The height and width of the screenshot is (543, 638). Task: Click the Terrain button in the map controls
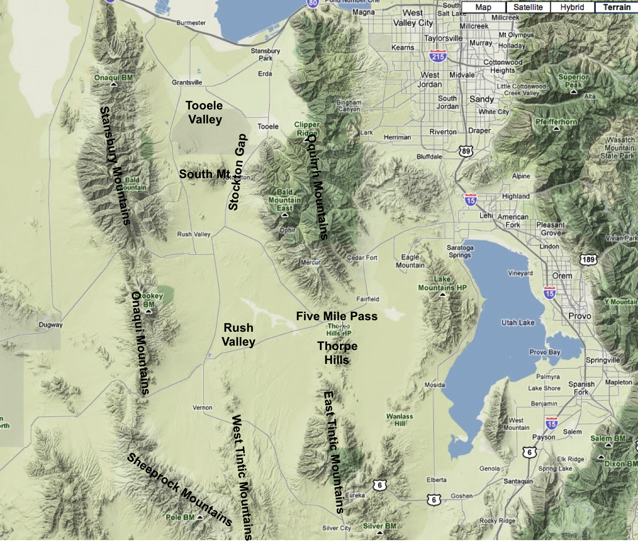pyautogui.click(x=616, y=7)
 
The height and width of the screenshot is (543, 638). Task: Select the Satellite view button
pyautogui.click(x=528, y=7)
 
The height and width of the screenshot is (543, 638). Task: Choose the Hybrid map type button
pyautogui.click(x=572, y=7)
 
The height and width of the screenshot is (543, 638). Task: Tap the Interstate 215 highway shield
pyautogui.click(x=437, y=56)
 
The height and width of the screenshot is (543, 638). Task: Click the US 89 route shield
pyautogui.click(x=465, y=151)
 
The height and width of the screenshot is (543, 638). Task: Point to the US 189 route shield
pyautogui.click(x=588, y=260)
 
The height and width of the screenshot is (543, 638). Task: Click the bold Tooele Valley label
pyautogui.click(x=204, y=112)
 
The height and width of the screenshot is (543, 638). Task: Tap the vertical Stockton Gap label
pyautogui.click(x=237, y=172)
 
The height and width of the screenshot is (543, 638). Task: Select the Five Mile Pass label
pyautogui.click(x=337, y=316)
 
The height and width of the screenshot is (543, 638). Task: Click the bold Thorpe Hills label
pyautogui.click(x=337, y=353)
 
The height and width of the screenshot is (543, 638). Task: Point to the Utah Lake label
pyautogui.click(x=518, y=323)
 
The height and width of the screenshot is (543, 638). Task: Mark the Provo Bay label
pyautogui.click(x=544, y=352)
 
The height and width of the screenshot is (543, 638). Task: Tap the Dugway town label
pyautogui.click(x=50, y=325)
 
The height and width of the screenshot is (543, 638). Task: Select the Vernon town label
pyautogui.click(x=202, y=408)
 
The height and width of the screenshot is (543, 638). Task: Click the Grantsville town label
pyautogui.click(x=187, y=83)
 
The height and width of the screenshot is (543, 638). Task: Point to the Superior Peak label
pyautogui.click(x=573, y=81)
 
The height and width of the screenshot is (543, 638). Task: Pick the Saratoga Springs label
pyautogui.click(x=460, y=251)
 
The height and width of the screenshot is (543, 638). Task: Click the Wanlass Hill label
pyautogui.click(x=400, y=420)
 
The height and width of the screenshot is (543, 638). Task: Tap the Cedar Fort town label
pyautogui.click(x=362, y=258)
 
